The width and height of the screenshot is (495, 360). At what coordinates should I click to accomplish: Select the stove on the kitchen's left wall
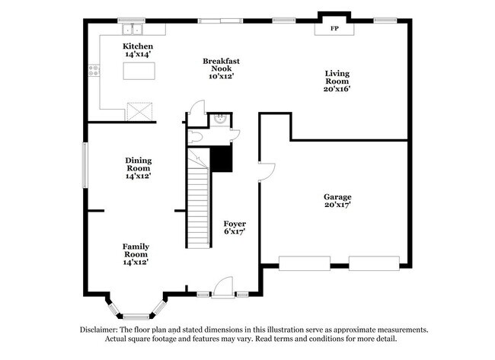tap(94, 71)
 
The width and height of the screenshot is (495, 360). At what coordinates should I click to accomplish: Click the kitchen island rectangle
tap(139, 71)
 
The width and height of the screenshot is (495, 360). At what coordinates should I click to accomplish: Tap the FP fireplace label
tap(334, 28)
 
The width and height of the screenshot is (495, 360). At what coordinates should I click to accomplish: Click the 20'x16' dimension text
tap(337, 89)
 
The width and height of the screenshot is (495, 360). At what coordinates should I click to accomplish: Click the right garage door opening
tap(373, 263)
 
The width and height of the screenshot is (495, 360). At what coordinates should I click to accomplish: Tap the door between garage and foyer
tap(265, 171)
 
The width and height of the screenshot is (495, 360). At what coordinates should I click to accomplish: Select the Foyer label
tap(235, 224)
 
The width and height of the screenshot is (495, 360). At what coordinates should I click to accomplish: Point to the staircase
tap(198, 205)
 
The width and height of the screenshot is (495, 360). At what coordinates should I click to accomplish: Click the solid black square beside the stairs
tap(221, 159)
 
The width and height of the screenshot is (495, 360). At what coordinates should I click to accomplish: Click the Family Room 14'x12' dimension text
tap(136, 262)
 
